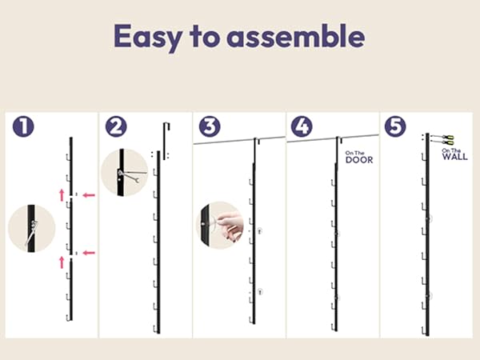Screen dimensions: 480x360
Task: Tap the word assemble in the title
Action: pos(296,36)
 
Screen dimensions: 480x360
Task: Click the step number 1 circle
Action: pos(23,126)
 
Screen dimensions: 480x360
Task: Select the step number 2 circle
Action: pos(116,126)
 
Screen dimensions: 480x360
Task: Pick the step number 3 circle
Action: pos(210,126)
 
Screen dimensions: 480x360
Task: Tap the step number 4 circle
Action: pos(302,126)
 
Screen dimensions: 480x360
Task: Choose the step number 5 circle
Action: pos(395,126)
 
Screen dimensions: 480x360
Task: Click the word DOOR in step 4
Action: pos(359,160)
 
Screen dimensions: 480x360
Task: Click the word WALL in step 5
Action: pos(455,157)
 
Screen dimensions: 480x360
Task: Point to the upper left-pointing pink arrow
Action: pos(89,195)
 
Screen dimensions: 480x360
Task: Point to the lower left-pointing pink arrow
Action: pos(89,253)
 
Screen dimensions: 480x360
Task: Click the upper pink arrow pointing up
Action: pos(62,195)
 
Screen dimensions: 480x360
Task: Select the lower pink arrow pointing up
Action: pos(62,262)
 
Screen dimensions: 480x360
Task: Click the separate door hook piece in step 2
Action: pos(166,141)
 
